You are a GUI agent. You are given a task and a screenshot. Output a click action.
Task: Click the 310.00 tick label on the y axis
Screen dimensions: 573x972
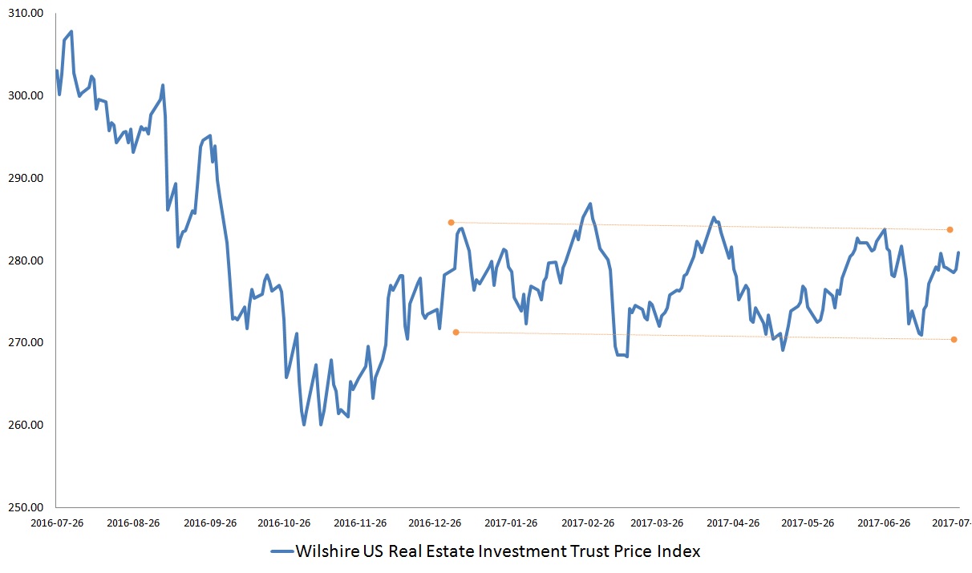coord(26,14)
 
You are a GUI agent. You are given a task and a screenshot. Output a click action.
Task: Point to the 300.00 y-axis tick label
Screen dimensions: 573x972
coord(26,96)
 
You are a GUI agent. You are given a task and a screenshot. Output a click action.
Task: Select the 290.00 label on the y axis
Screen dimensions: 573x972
coord(26,178)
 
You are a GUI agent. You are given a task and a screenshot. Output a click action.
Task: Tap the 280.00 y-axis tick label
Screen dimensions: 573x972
coord(26,260)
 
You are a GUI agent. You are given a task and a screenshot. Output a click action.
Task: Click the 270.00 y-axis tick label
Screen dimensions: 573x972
coord(26,343)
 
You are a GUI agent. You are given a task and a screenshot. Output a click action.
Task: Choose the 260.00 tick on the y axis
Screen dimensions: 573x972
coord(26,425)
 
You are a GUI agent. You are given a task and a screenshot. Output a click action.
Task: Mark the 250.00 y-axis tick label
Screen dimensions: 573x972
coord(26,507)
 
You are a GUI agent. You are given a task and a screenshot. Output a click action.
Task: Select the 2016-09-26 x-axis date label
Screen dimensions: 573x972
coord(210,523)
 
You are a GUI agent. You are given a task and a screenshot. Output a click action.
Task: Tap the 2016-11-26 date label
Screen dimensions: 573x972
coord(360,523)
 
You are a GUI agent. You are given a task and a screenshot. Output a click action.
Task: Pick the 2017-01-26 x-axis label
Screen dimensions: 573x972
coord(511,523)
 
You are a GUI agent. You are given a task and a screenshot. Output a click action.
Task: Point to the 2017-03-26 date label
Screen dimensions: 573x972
coord(658,523)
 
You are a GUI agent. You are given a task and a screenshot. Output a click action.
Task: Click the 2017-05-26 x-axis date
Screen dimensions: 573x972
coord(808,523)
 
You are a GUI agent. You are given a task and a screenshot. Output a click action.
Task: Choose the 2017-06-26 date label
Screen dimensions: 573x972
coord(884,523)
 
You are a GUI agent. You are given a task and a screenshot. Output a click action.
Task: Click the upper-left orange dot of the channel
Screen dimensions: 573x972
coord(451,222)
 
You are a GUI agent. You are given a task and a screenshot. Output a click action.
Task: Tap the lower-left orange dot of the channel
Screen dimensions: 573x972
coord(456,332)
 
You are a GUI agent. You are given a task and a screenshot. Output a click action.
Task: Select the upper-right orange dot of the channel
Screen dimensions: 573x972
coord(950,229)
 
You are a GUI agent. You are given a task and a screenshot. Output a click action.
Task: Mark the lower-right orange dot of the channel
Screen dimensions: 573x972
coord(954,339)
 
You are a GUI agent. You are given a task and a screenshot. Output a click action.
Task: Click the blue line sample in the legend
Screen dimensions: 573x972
coord(281,551)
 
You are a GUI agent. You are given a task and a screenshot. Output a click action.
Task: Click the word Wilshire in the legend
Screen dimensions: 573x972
coord(326,551)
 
